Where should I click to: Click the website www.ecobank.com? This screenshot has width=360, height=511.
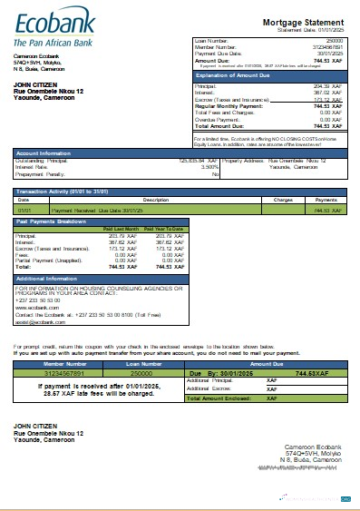34,309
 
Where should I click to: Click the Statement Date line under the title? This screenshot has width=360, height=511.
300,29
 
